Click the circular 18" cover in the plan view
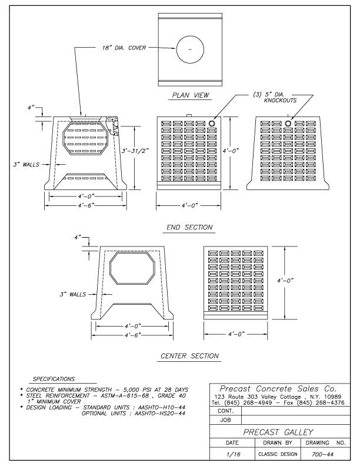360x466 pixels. [189, 51]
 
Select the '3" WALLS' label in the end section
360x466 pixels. [27, 164]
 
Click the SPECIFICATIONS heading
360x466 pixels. [54, 379]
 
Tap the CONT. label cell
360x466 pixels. [225, 412]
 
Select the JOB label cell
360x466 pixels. [225, 421]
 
